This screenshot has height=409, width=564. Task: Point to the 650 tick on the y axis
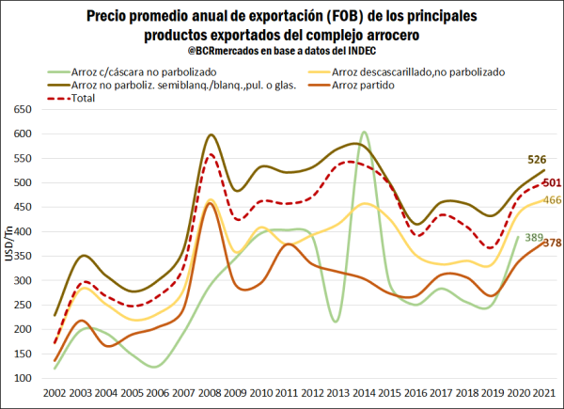(23, 109)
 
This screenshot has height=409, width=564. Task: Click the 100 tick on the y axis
(23, 377)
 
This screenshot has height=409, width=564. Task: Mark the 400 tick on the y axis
(23, 231)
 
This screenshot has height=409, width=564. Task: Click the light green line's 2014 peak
(364, 134)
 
